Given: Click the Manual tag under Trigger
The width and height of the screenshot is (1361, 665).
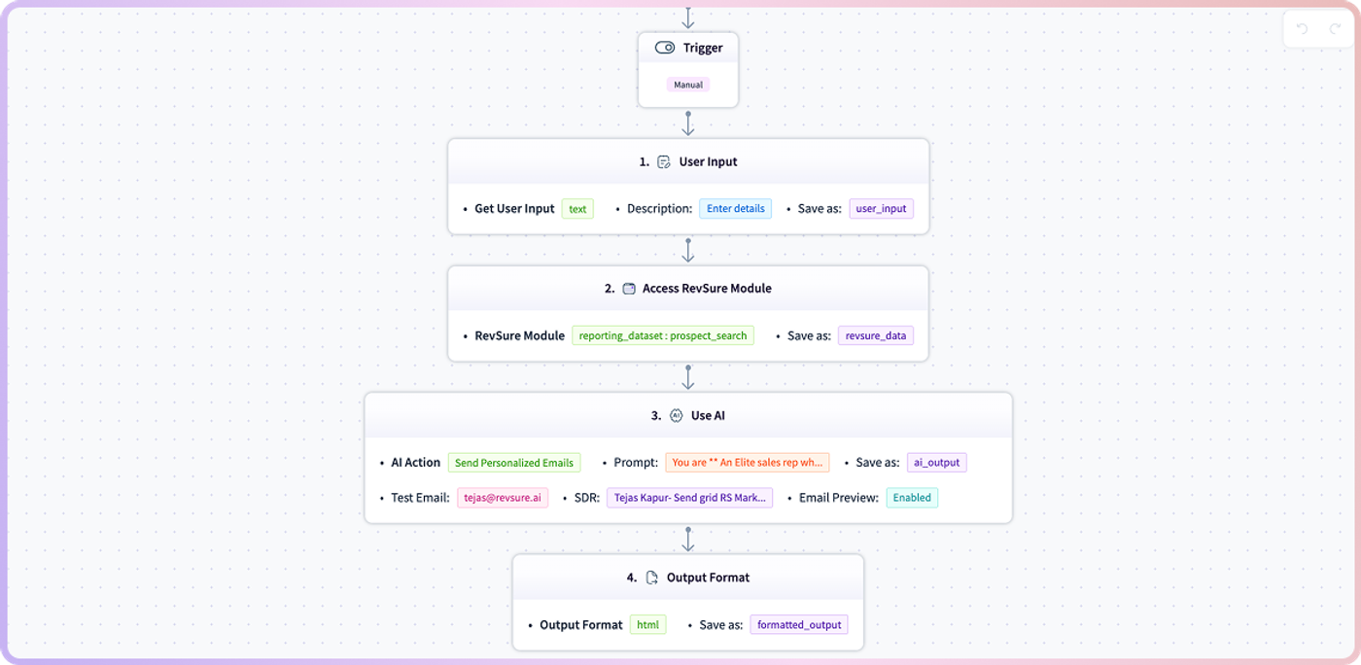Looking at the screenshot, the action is pos(688,85).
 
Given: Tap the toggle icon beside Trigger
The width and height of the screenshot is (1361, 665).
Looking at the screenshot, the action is pos(665,48).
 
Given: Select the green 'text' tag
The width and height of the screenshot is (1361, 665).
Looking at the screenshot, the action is pos(577,208).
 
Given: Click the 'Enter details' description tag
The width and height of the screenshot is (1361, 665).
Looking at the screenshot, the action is pos(735,208).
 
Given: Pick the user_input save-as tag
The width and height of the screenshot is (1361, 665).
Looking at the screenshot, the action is pos(881,208).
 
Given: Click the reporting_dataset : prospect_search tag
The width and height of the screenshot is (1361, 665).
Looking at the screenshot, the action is pos(663,335).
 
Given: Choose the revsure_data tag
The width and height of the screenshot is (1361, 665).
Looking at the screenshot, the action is pos(876,335).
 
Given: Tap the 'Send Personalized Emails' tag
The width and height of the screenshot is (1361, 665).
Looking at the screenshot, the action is pos(514,463).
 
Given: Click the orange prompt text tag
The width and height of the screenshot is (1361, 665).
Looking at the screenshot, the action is pos(748,463).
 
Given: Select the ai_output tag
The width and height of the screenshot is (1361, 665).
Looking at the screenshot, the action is pos(936,463).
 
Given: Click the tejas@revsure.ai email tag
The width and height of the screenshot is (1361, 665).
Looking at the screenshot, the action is pos(503,498).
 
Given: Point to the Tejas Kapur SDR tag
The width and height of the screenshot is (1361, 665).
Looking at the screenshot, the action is pos(689,498).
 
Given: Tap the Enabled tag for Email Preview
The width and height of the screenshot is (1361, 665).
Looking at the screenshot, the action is pos(912,498).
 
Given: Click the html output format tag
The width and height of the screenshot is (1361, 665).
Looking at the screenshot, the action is pos(647,625).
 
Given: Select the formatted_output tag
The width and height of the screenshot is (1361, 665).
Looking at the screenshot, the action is pos(799,625).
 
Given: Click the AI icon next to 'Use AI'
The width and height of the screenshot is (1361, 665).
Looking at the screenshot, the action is pos(676,416).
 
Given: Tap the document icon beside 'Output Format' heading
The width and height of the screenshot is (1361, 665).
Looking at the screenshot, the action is pos(652,577).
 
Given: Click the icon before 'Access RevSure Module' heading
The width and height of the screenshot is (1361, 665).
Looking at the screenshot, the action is pos(629,289).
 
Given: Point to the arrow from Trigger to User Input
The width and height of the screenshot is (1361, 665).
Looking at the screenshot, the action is pos(688,123).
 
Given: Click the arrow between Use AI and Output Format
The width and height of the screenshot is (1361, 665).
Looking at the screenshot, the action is pos(688,540).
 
